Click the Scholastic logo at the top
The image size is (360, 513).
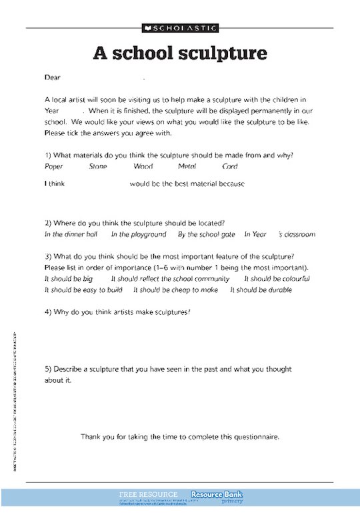click(x=179, y=28)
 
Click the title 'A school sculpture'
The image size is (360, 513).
click(x=179, y=53)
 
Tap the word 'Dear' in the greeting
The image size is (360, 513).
click(x=53, y=77)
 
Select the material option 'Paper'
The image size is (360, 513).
click(x=54, y=167)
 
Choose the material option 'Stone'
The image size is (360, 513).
click(x=98, y=167)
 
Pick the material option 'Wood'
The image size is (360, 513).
click(x=143, y=167)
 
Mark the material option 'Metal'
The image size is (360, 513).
click(x=187, y=167)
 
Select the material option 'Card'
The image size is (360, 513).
click(x=230, y=167)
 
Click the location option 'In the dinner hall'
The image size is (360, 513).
click(x=71, y=235)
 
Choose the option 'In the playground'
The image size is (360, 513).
click(x=139, y=235)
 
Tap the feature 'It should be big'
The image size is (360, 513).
click(x=69, y=279)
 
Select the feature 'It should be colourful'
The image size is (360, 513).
click(x=277, y=279)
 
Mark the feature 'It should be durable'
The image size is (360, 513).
click(x=261, y=290)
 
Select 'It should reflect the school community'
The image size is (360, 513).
click(x=170, y=279)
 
